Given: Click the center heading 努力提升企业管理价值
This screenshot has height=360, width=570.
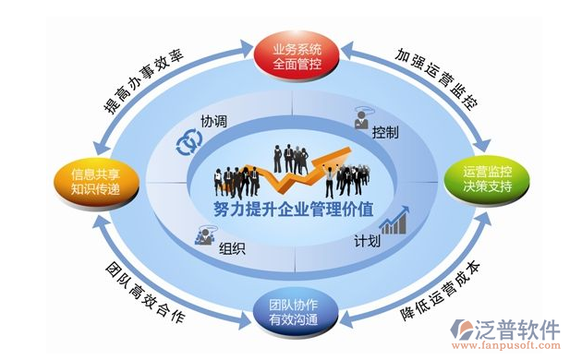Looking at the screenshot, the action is coord(287,210).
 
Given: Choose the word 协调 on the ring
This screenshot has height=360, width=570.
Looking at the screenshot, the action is coord(215,121).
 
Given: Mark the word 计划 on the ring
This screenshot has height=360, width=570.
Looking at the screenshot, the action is coord(368,242).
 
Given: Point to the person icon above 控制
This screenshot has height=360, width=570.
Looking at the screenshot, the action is coord(363,118).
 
